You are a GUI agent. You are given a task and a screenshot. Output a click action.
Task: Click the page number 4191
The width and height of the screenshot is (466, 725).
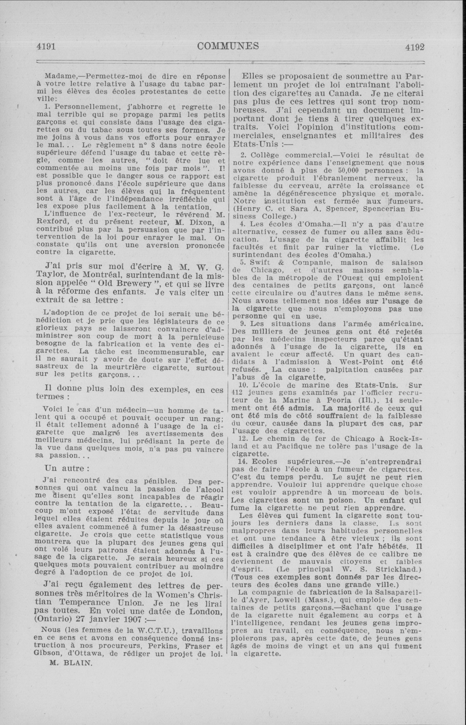coord(45,46)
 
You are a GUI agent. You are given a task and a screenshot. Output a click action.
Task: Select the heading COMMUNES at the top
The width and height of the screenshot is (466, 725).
coord(228,46)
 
